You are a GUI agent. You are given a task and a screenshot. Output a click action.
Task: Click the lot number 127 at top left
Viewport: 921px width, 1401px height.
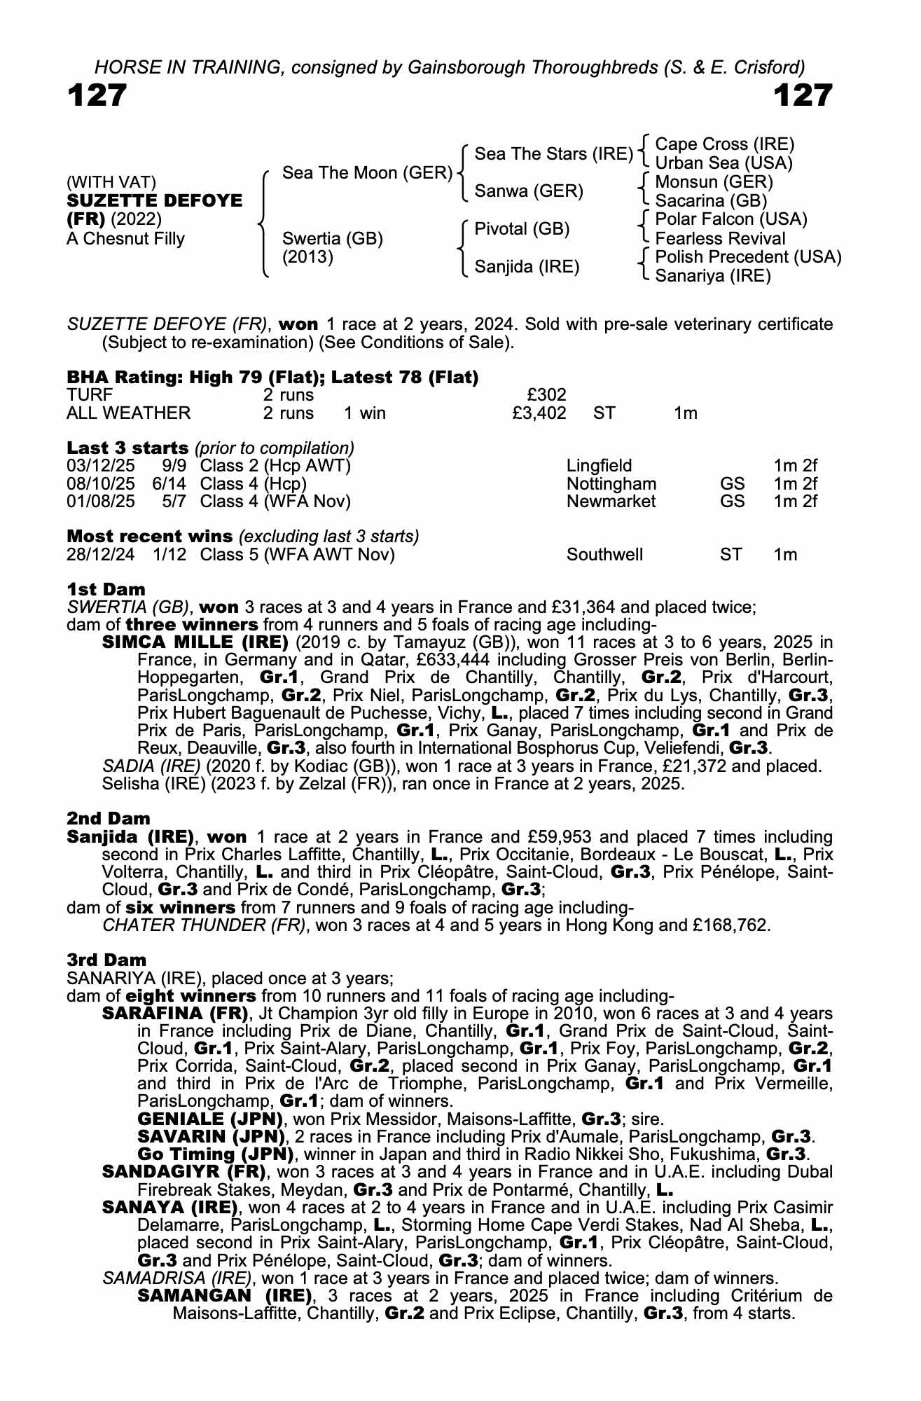point(97,96)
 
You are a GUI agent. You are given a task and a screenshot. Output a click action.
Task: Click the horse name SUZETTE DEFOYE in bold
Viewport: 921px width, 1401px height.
point(154,200)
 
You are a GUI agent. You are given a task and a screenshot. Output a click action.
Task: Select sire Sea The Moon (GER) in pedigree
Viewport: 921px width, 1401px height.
point(367,173)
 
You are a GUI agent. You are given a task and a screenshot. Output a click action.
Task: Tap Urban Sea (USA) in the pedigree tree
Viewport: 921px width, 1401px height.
point(723,163)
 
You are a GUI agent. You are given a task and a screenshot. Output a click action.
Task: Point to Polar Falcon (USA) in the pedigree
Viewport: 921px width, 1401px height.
point(730,219)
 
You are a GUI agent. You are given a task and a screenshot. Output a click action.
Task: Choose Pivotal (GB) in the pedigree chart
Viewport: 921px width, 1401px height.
point(522,229)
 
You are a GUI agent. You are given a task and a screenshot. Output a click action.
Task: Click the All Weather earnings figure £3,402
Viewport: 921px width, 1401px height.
point(539,413)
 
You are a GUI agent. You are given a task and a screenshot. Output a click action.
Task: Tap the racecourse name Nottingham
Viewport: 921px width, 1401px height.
point(611,484)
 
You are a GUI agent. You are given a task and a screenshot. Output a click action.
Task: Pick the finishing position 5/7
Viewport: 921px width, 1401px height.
point(174,502)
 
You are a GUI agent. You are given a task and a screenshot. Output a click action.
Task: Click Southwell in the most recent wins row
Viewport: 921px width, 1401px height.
point(604,555)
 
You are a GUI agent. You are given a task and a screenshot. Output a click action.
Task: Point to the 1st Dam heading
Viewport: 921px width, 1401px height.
point(106,589)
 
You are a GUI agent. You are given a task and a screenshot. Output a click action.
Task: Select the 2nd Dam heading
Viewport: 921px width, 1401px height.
point(109,818)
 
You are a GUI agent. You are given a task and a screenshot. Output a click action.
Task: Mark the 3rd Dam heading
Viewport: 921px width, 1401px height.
point(106,960)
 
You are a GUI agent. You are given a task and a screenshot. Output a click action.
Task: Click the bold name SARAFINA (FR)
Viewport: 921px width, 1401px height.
point(175,1014)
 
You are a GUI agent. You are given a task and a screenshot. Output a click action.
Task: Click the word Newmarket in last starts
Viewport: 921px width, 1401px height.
point(611,502)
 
